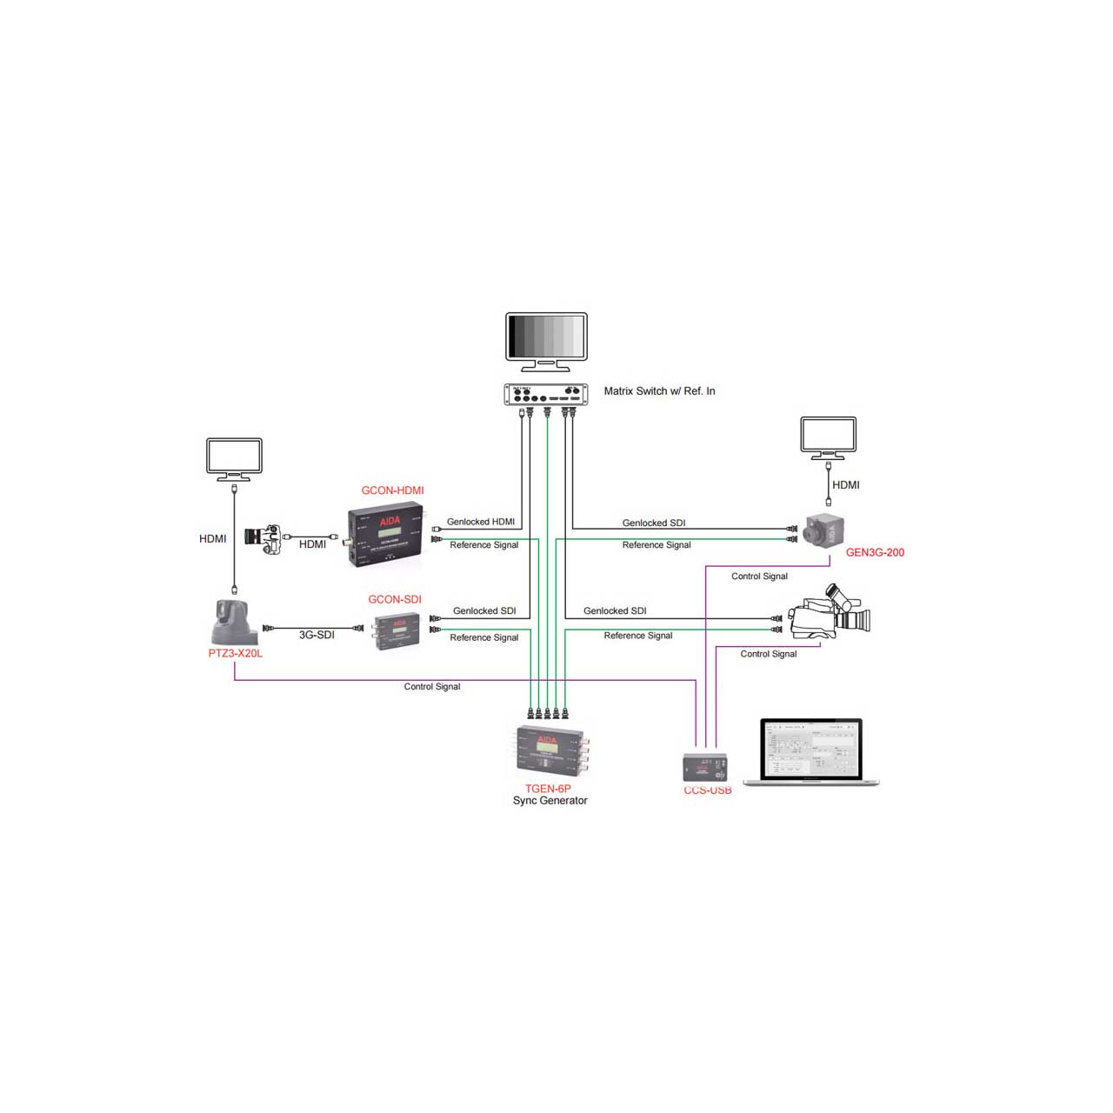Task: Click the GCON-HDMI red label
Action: (392, 490)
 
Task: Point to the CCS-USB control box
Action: (704, 768)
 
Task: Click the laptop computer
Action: (811, 752)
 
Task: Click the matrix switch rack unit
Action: (546, 395)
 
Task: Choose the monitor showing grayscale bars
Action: (546, 341)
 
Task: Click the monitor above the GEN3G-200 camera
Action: (828, 437)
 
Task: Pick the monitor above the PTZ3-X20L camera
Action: (234, 459)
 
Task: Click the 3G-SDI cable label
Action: (317, 635)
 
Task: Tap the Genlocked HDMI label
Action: (480, 522)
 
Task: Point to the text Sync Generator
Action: (550, 801)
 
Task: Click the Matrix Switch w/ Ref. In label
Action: (659, 391)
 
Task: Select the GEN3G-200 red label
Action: (875, 552)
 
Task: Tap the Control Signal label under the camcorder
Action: (768, 654)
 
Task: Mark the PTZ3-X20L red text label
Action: (235, 653)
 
